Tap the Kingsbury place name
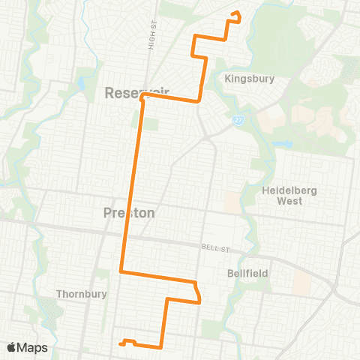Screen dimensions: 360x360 (x=250, y=78)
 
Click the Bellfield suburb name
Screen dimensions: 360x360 (x=247, y=274)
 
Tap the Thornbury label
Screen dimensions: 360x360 (x=81, y=294)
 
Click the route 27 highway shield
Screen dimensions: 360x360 (x=237, y=119)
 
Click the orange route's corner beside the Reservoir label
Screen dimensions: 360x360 (x=140, y=97)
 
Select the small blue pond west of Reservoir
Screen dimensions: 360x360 (x=79, y=82)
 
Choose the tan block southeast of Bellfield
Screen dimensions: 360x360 (x=302, y=282)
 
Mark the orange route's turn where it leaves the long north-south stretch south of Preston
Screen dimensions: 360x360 (x=121, y=271)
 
